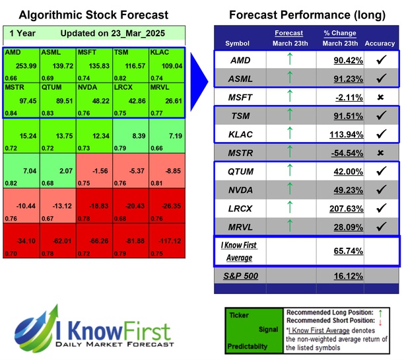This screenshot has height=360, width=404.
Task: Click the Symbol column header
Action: click(238, 44)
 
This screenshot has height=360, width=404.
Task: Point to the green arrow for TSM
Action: click(288, 116)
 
